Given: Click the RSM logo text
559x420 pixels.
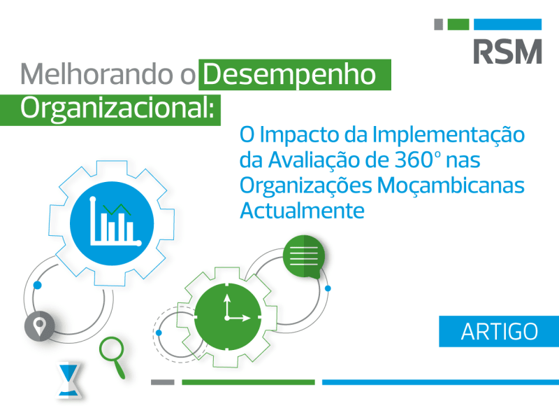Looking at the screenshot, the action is (507, 51).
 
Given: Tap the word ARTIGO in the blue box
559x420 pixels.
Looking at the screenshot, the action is (499, 331).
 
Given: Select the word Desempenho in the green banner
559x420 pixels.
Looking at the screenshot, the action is (289, 74).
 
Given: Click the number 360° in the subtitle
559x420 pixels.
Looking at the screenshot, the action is (418, 160).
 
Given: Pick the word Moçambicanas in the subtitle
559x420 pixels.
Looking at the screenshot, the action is (451, 185).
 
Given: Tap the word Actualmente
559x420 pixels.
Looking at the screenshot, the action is (303, 211).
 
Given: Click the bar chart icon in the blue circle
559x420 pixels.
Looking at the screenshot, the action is (115, 222).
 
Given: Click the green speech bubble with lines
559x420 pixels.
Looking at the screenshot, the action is (304, 256).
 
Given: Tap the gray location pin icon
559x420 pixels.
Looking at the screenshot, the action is (39, 326).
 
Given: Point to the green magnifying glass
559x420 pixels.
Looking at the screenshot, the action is (112, 356).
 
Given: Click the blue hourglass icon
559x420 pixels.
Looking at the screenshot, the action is (69, 380).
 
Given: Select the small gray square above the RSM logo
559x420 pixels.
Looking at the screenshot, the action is (439, 24).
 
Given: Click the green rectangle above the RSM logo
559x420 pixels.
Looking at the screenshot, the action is (458, 24).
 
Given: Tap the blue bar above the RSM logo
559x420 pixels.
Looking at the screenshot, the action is (508, 24).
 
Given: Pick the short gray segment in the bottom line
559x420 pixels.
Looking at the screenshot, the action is (163, 382).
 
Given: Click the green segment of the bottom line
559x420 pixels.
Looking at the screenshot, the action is (248, 382).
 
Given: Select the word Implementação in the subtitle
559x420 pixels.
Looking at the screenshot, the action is (449, 135).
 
